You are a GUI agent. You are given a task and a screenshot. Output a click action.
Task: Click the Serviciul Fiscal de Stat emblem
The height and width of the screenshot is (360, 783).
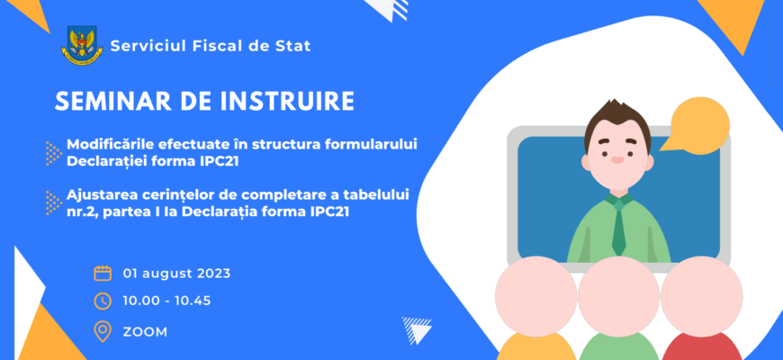click(82, 46)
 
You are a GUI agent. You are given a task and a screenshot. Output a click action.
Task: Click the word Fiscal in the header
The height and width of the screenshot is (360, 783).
click(203, 46)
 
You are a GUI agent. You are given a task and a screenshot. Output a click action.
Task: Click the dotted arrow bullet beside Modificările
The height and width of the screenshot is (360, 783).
click(53, 153)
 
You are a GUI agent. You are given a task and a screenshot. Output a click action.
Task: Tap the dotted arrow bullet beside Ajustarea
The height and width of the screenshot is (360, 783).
click(53, 202)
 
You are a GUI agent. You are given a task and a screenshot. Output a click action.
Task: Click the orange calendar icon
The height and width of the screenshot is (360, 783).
click(103, 273)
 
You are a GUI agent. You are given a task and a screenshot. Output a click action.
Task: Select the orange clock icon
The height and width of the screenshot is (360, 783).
click(103, 301)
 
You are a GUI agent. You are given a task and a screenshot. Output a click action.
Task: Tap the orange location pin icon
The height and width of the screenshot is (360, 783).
click(103, 331)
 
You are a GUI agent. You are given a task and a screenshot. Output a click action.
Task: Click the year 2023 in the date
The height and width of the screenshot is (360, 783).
click(212, 274)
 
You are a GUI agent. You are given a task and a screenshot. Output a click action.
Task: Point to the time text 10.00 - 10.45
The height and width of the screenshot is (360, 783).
click(166, 301)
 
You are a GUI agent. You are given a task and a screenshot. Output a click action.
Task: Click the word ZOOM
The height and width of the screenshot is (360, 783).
click(145, 332)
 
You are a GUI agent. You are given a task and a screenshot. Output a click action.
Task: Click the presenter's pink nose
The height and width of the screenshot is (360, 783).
click(617, 160)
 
